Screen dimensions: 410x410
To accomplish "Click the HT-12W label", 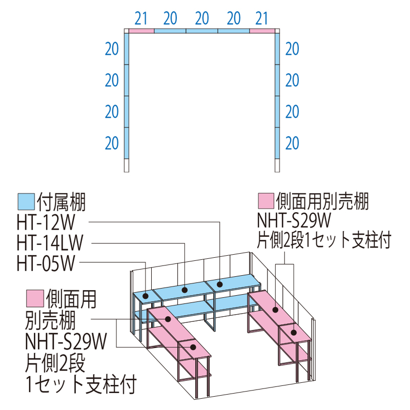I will (51, 221).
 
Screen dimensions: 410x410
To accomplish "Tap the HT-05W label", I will (46, 263).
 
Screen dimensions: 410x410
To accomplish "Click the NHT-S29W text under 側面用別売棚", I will (296, 220).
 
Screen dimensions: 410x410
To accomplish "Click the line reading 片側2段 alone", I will (54, 363).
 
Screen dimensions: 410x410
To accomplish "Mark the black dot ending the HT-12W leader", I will (219, 283).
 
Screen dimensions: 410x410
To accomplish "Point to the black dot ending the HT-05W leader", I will (146, 296).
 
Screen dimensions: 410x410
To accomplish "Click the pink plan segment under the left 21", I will (141, 31).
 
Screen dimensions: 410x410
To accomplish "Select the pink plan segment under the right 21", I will (263, 31).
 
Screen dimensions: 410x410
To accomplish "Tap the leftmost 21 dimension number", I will (141, 18).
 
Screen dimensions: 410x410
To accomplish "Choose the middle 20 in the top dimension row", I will (202, 18).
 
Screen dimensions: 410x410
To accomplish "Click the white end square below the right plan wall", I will (278, 166).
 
